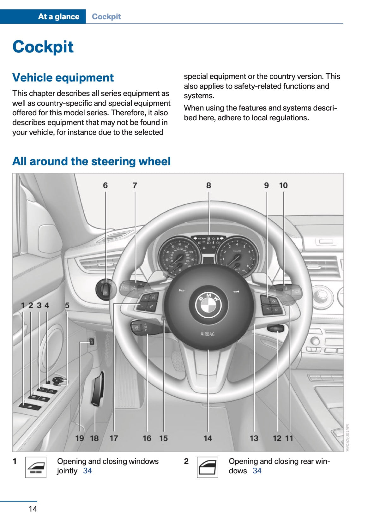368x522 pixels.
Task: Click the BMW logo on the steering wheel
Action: pyautogui.click(x=208, y=304)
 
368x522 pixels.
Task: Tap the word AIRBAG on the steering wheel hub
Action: pyautogui.click(x=208, y=334)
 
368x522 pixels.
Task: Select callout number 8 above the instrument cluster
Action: pyautogui.click(x=208, y=185)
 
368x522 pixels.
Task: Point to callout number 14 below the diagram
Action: pyautogui.click(x=208, y=438)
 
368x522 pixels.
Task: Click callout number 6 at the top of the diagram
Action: pyautogui.click(x=105, y=185)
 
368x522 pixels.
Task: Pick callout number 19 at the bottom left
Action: pyautogui.click(x=80, y=438)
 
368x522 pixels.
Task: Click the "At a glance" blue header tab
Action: pyautogui.click(x=58, y=16)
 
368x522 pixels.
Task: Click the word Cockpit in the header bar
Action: pyautogui.click(x=106, y=16)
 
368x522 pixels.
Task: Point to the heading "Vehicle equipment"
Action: pyautogui.click(x=63, y=78)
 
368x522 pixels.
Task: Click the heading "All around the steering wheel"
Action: pyautogui.click(x=91, y=161)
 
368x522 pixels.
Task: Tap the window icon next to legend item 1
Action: pyautogui.click(x=36, y=467)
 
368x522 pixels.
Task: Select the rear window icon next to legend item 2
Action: pyautogui.click(x=207, y=467)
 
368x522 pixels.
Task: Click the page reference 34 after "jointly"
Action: pyautogui.click(x=87, y=471)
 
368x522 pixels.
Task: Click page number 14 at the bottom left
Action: pyautogui.click(x=33, y=509)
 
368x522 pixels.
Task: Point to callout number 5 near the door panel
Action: pyautogui.click(x=67, y=305)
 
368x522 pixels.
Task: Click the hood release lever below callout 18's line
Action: pyautogui.click(x=98, y=389)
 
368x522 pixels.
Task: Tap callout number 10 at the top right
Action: pyautogui.click(x=283, y=185)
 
